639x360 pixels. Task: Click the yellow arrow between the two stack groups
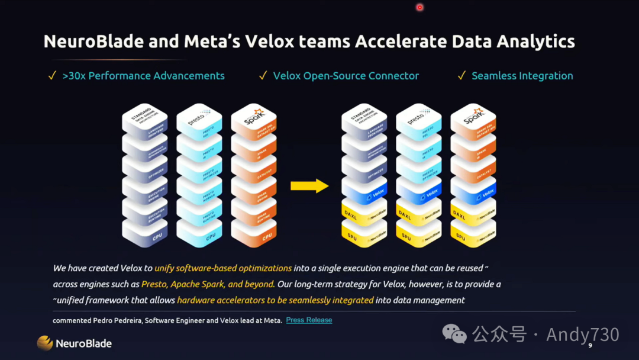coord(309,186)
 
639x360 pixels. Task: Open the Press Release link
coord(309,320)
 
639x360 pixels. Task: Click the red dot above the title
coord(419,8)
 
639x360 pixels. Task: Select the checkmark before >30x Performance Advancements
coord(53,76)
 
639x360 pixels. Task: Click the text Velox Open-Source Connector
coord(346,76)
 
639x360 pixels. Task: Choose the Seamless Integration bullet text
coord(522,76)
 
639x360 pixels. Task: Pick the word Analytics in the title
coord(531,41)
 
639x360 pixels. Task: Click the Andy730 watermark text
coord(582,335)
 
